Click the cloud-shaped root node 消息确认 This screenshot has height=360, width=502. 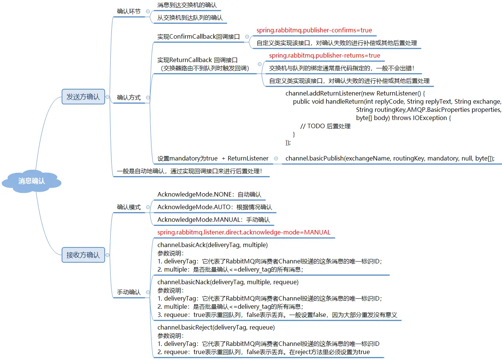(32, 181)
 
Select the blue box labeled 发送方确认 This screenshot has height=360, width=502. (83, 97)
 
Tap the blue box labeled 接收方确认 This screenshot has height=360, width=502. (83, 255)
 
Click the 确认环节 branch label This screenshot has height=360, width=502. (128, 12)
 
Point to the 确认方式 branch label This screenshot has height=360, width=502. (128, 98)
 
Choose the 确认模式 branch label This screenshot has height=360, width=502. (128, 207)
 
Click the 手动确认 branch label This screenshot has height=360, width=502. (128, 292)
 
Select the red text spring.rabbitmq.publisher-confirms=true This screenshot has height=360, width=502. (314, 30)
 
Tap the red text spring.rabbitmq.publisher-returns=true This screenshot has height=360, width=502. (324, 56)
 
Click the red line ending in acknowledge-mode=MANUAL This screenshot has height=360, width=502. (244, 233)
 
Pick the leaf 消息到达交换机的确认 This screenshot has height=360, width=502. (187, 5)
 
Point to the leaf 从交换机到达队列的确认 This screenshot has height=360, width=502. (190, 18)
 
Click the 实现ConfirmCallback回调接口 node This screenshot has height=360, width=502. (198, 37)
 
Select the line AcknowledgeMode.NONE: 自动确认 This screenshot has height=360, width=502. (209, 195)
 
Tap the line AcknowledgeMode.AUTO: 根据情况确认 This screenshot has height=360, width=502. (215, 207)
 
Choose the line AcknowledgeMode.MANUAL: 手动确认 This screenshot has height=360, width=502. (213, 220)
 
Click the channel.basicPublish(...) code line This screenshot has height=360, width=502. (390, 159)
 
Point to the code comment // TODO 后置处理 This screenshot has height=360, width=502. (325, 126)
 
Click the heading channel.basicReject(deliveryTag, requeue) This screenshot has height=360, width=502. (216, 328)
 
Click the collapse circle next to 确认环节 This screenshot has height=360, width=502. (148, 12)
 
